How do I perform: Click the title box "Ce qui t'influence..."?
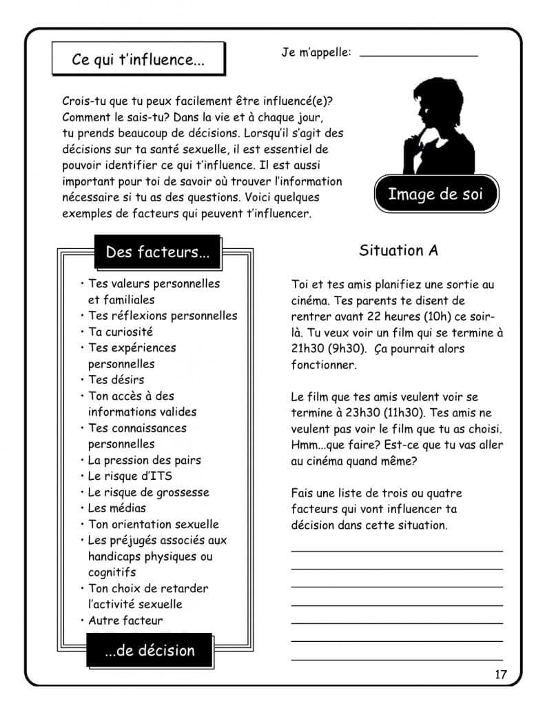138,59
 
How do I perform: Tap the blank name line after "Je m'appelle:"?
418,53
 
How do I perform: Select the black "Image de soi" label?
435,194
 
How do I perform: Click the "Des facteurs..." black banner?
157,252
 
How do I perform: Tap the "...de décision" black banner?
150,650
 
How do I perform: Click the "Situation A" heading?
398,250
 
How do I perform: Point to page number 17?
500,674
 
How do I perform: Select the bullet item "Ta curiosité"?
121,332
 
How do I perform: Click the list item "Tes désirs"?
116,380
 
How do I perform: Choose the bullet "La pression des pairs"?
145,460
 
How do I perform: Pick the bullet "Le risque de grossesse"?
148,492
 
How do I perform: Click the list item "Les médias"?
117,508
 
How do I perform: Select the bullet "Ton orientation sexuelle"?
154,524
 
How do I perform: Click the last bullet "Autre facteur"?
125,621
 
